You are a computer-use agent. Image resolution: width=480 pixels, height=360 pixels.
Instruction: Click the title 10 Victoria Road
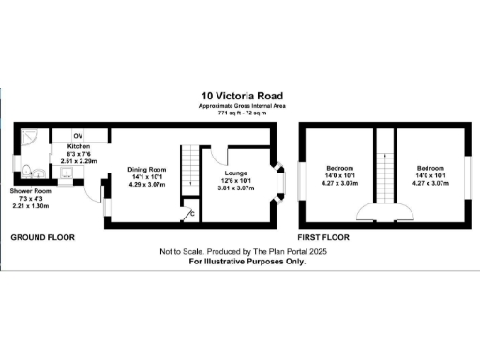tap(239, 95)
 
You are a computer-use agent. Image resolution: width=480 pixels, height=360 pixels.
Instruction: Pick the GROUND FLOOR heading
tap(42, 238)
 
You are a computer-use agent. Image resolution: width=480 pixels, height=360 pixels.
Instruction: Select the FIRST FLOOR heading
tap(327, 238)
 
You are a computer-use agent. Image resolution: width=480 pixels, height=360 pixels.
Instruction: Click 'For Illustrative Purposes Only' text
tap(247, 262)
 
